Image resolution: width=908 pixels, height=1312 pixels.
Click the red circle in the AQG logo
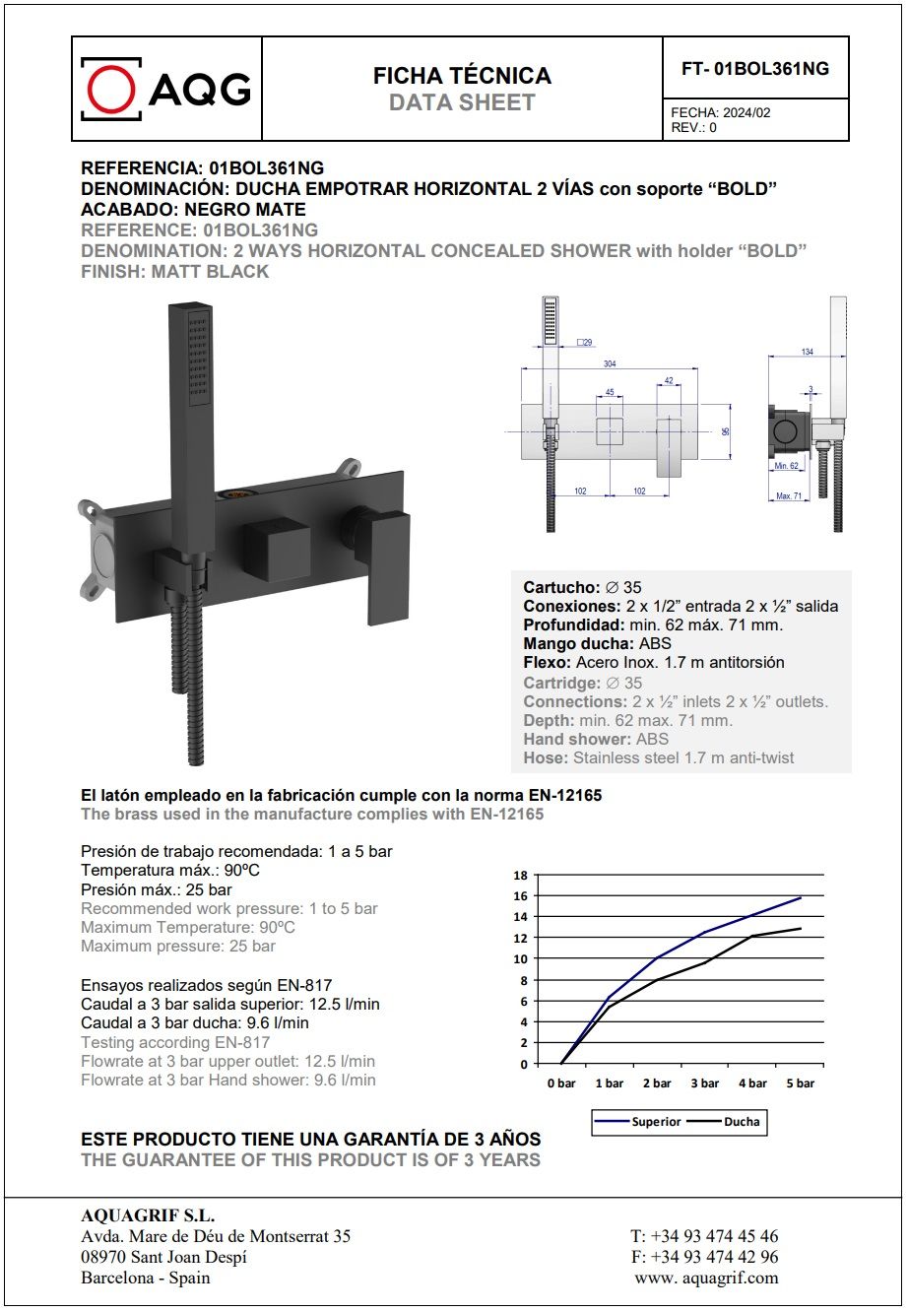(110, 89)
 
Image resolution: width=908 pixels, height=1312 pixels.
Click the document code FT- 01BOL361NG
(754, 69)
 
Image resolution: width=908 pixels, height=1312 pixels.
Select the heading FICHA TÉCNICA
(462, 76)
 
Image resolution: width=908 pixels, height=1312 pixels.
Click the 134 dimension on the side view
(807, 352)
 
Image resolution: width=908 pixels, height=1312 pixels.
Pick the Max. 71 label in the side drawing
(789, 495)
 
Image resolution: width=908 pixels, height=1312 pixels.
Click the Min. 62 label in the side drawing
(786, 466)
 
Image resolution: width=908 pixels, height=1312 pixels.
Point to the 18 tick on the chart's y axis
(521, 875)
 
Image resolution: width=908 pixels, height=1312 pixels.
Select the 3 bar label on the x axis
(704, 1083)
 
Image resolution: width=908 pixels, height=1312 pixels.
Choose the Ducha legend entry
(742, 1122)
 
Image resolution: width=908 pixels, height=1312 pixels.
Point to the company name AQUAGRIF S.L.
(148, 1215)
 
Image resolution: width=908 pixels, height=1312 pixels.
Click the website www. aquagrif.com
(706, 1279)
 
